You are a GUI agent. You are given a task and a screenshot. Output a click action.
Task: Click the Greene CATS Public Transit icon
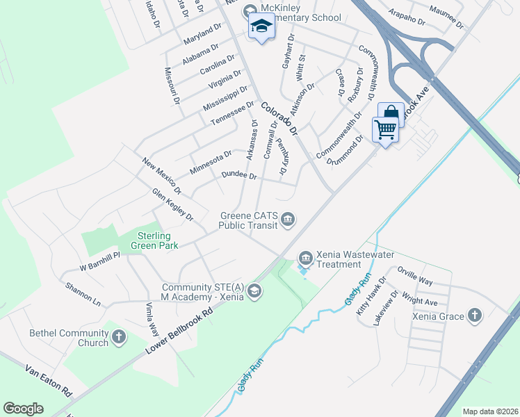[x=288, y=221]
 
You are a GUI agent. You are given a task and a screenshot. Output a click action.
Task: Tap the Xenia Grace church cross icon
[x=475, y=316]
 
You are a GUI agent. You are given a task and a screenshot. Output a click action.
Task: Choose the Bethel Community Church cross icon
[x=119, y=338]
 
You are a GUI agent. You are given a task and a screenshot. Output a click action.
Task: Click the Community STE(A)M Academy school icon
[x=254, y=291]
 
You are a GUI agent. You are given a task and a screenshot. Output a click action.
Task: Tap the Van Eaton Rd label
[x=49, y=381]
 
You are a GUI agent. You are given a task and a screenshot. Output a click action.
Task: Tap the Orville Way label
[x=414, y=276]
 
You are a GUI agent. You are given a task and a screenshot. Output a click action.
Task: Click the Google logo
[x=23, y=409]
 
